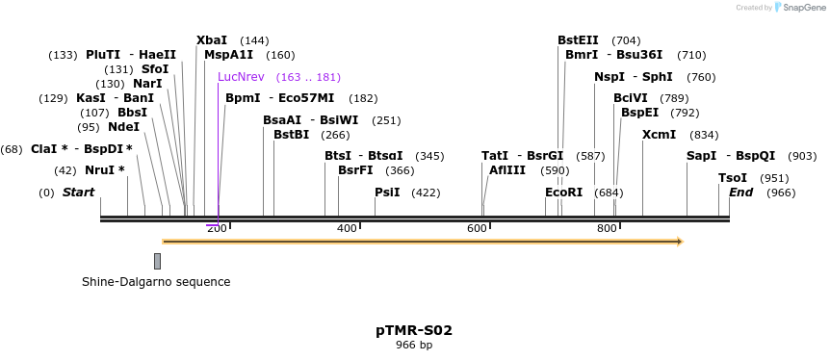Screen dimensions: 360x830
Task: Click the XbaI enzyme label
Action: pos(212,40)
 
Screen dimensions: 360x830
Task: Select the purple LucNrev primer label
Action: pos(240,77)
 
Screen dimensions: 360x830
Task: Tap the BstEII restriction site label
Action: pos(578,40)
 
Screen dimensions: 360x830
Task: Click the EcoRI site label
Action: pos(564,193)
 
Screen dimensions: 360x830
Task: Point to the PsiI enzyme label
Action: pos(387,193)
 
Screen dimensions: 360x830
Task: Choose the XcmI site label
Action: pos(659,135)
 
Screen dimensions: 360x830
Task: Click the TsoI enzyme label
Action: pos(733,178)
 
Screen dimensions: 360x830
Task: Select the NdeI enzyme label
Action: pos(123,127)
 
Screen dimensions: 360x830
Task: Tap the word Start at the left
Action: pos(78,193)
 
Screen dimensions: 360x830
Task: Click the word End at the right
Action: pos(740,193)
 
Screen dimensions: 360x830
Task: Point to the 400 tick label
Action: pos(347,228)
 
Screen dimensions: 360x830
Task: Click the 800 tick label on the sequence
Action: pos(607,228)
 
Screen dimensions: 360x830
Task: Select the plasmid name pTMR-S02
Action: pos(414,330)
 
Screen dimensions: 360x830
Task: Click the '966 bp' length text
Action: pos(414,345)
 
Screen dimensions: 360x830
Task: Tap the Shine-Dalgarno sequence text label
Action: pos(156,282)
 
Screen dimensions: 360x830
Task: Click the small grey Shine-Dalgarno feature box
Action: pos(157,261)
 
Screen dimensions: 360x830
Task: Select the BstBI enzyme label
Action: pos(291,135)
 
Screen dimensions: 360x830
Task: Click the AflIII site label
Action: pos(507,170)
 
